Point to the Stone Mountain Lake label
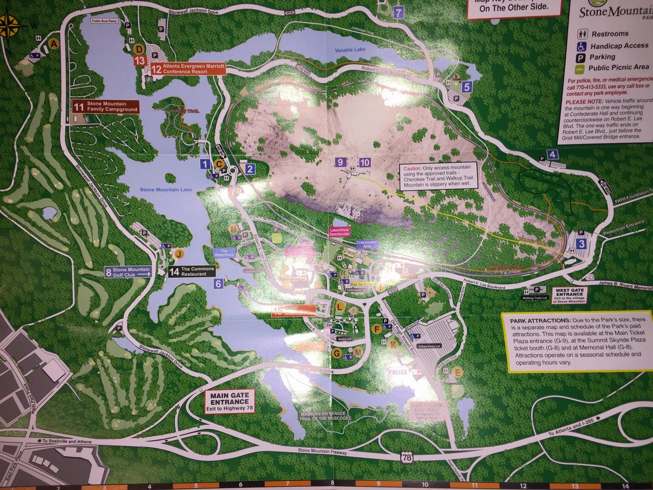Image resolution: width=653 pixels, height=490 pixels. pyautogui.click(x=166, y=189)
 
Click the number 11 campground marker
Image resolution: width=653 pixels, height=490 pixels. pyautogui.click(x=79, y=107)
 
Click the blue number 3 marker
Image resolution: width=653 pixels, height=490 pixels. pyautogui.click(x=582, y=244)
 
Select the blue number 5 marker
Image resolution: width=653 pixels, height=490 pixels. pyautogui.click(x=466, y=87)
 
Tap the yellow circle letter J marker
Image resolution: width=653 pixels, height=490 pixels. pyautogui.click(x=179, y=253)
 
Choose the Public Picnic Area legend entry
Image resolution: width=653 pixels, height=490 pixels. pyautogui.click(x=618, y=67)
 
